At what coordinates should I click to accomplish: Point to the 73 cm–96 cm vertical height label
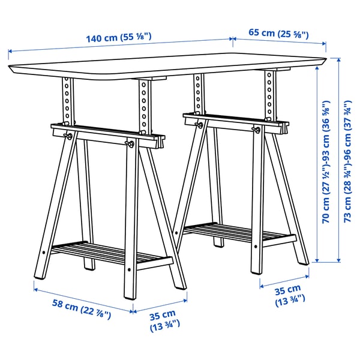[348, 162]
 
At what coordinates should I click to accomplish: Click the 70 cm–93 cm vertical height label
[328, 162]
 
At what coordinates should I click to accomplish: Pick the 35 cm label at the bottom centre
[162, 320]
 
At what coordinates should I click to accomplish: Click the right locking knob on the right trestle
[257, 130]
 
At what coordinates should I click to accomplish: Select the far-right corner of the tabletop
[326, 59]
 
